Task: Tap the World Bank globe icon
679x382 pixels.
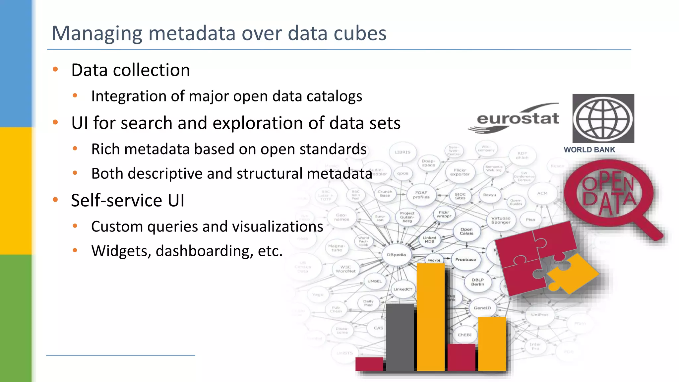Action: [x=603, y=119]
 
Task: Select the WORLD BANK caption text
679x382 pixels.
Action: [x=589, y=150]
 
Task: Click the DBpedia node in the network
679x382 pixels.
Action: [x=397, y=255]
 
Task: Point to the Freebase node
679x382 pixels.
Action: [x=465, y=260]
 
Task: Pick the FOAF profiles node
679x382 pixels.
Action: [x=421, y=195]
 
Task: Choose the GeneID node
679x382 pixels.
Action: [x=482, y=308]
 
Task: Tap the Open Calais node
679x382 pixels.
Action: [x=466, y=231]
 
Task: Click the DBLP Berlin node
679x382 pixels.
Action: [x=478, y=282]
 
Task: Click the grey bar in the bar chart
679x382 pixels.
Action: [x=400, y=337]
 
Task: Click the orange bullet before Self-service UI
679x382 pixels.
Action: [x=55, y=200]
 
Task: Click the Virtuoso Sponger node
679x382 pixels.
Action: [x=501, y=221]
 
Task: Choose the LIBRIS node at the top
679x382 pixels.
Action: [x=402, y=152]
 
